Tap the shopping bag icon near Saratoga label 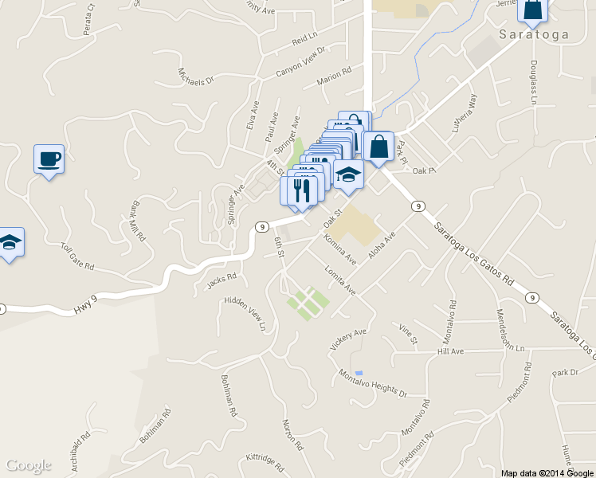click(532, 10)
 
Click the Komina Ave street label click(339, 248)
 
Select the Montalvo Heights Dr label click(372, 383)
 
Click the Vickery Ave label click(348, 339)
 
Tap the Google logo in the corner click(29, 465)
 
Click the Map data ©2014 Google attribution click(547, 472)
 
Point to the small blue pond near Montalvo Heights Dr click(359, 373)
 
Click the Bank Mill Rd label click(135, 221)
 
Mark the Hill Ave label click(450, 351)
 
